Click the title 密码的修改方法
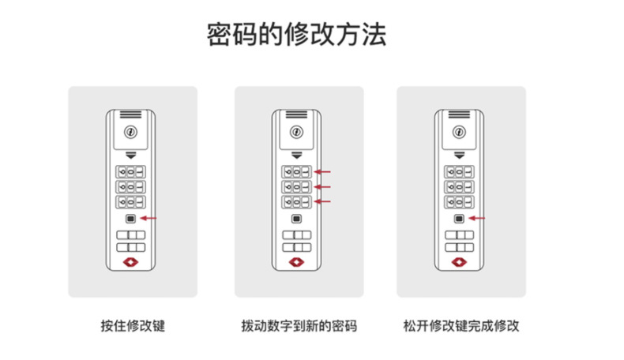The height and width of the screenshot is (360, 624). tap(296, 34)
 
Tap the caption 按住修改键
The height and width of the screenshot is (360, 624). tap(133, 326)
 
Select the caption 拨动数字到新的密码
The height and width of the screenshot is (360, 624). tap(299, 326)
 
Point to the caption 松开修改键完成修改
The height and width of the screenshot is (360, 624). tap(461, 326)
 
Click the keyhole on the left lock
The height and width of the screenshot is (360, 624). tap(130, 132)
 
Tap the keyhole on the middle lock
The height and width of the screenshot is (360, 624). tap(296, 132)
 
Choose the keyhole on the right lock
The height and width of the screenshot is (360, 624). tap(459, 132)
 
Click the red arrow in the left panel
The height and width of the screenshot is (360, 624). tap(148, 218)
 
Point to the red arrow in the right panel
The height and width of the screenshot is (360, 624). tap(477, 218)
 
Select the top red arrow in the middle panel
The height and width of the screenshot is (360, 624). tap(322, 172)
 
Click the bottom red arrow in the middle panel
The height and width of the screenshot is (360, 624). tap(322, 201)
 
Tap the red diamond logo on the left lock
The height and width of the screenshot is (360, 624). tap(130, 262)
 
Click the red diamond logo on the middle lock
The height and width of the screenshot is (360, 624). tap(296, 262)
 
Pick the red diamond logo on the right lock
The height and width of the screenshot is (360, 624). tap(459, 262)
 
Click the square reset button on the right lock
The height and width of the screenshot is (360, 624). tap(459, 219)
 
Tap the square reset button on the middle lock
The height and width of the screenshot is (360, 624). tap(296, 219)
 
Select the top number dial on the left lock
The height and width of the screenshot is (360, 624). tap(130, 172)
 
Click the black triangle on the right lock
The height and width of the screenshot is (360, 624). tap(459, 156)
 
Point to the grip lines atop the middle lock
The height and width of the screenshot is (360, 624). tap(296, 114)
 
